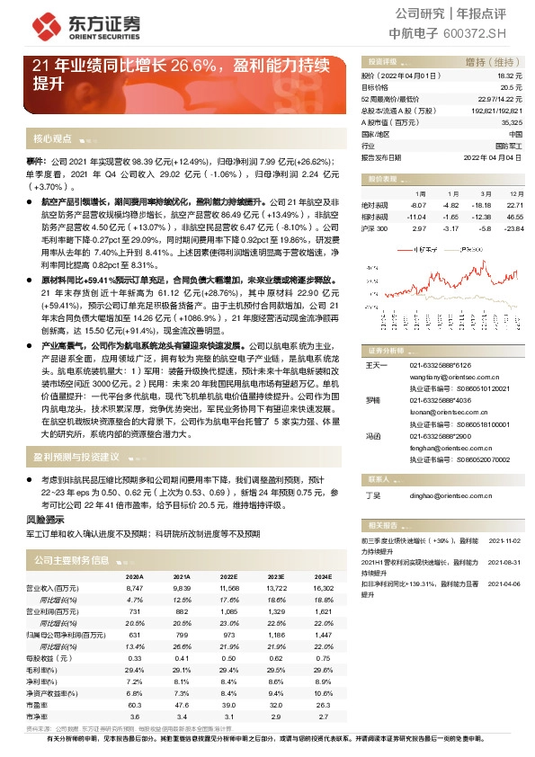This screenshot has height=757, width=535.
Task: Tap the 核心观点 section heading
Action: pos(52,139)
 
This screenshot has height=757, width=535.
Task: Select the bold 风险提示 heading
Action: pos(44,520)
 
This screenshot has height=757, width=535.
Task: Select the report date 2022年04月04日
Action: pos(493,156)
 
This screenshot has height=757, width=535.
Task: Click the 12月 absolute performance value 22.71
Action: pos(514,205)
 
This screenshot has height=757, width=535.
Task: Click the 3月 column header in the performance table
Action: pos(485,193)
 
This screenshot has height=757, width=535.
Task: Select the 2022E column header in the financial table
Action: pos(228,577)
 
